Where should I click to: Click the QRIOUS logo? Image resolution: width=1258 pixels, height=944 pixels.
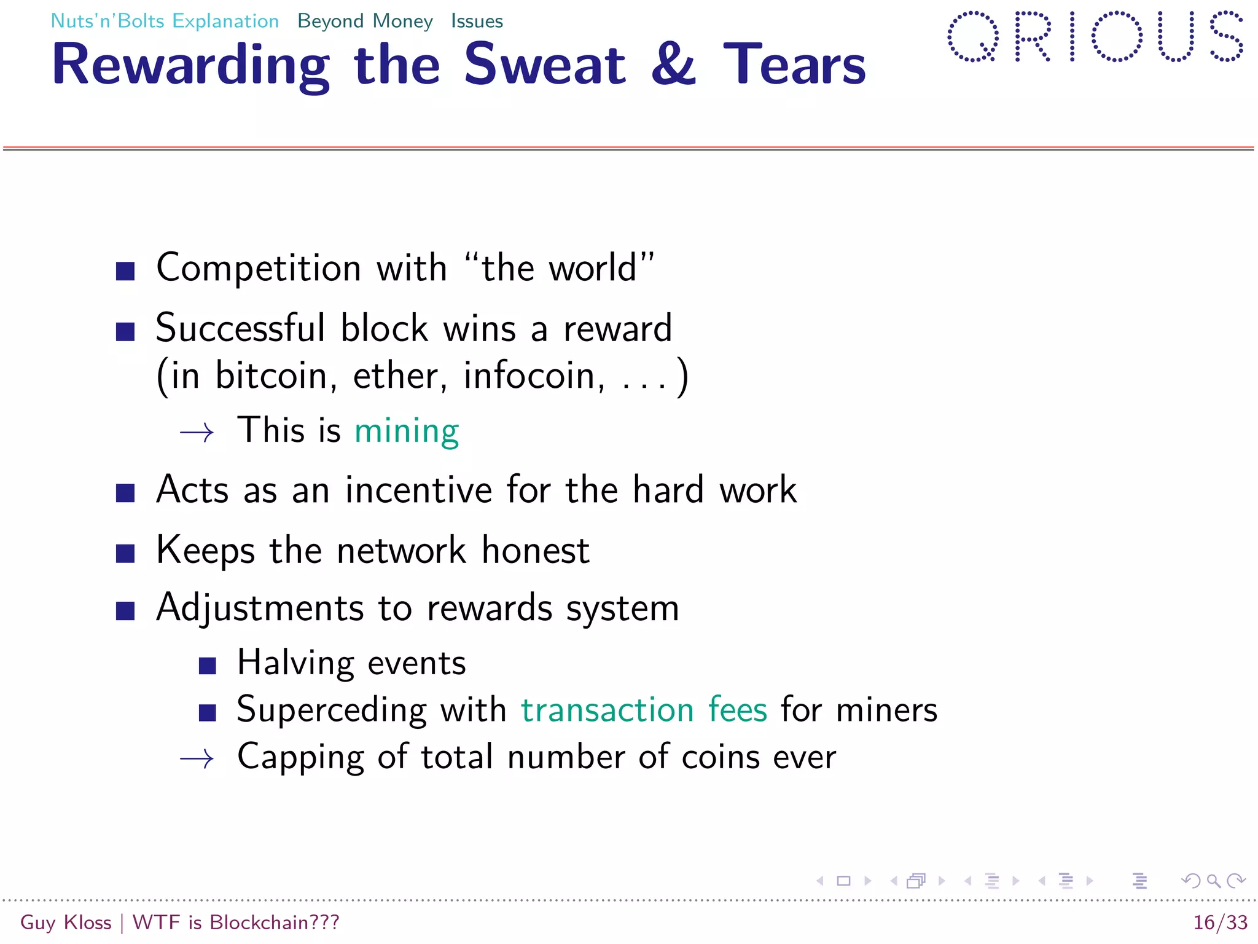(x=1095, y=37)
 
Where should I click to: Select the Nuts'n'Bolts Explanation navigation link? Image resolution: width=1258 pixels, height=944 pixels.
(x=165, y=21)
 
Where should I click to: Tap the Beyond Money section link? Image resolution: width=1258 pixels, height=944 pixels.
(x=365, y=21)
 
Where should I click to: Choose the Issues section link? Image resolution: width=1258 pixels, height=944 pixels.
(x=477, y=21)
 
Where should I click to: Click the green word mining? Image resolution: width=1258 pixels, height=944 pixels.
(x=407, y=430)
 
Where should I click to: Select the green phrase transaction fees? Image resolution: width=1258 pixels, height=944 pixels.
(x=644, y=710)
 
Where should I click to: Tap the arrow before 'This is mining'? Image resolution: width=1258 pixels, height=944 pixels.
(x=197, y=433)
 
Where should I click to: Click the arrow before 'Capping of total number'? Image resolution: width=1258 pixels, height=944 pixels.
(x=197, y=759)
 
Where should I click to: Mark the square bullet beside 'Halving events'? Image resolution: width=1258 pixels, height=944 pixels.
(x=208, y=666)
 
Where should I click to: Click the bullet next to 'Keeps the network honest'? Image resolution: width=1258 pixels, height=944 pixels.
(x=125, y=553)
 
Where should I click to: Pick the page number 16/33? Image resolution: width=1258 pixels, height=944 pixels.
(x=1220, y=922)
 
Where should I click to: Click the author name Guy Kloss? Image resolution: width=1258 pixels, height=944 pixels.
(x=66, y=922)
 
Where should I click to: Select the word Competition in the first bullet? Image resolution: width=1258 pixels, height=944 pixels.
(x=259, y=269)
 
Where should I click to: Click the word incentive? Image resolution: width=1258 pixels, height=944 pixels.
(x=419, y=490)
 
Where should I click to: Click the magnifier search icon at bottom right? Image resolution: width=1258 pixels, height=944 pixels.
(x=1213, y=881)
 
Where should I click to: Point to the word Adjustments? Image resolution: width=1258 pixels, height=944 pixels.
(x=260, y=608)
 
